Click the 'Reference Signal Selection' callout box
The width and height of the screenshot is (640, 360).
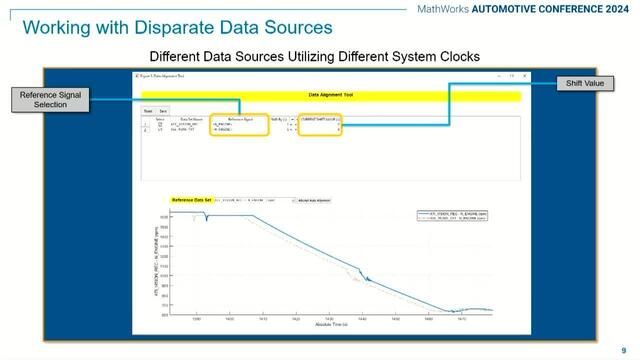(47, 98)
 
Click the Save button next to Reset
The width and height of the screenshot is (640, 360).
(163, 110)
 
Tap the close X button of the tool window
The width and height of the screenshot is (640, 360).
(524, 75)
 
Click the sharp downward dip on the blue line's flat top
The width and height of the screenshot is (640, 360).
(206, 223)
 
